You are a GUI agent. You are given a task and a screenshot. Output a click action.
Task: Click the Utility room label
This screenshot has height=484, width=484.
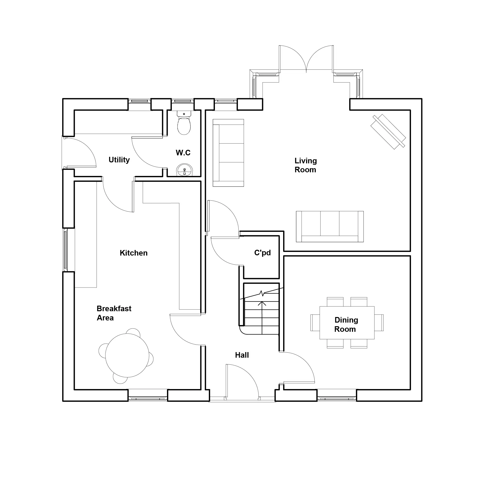tap(119, 160)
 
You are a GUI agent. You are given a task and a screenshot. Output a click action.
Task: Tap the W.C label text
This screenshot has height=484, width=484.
tap(183, 152)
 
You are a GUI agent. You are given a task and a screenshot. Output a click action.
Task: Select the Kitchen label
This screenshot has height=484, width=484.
tap(134, 253)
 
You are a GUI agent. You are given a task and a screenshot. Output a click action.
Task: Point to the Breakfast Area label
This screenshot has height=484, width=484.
tap(114, 313)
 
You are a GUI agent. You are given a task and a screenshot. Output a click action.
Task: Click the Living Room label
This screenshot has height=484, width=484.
tap(306, 165)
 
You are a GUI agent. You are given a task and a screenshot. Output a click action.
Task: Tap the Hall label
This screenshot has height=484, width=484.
tap(242, 355)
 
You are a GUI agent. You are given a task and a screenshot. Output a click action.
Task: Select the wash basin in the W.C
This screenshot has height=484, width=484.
tap(184, 170)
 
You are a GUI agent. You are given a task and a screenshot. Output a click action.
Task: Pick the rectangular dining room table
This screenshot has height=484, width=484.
tap(347, 323)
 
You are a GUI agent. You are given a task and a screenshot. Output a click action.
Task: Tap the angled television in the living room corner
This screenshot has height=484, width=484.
tap(388, 132)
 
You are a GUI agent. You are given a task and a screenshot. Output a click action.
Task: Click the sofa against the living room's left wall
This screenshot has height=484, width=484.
tap(228, 153)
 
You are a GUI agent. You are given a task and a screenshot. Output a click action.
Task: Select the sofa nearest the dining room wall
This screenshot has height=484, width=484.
tap(330, 227)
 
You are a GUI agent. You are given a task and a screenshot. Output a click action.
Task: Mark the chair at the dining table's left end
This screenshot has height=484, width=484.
tap(315, 323)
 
